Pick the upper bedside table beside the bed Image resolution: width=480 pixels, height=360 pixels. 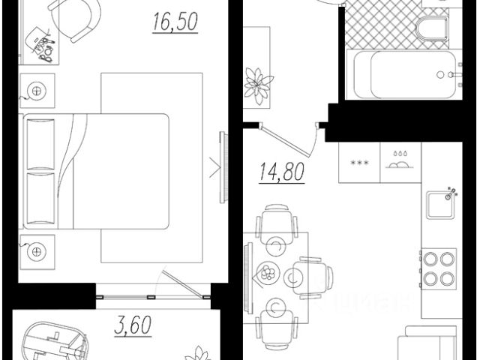(x=36, y=91)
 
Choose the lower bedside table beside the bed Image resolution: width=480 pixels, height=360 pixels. (x=36, y=250)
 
